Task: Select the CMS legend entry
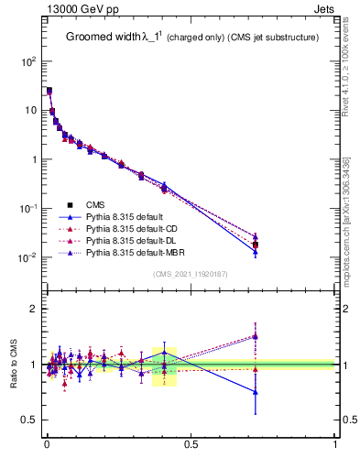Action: [x=95, y=204]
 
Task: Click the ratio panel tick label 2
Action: [x=33, y=309]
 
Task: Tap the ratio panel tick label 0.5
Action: [x=28, y=420]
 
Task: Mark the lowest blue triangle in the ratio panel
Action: [x=256, y=392]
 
